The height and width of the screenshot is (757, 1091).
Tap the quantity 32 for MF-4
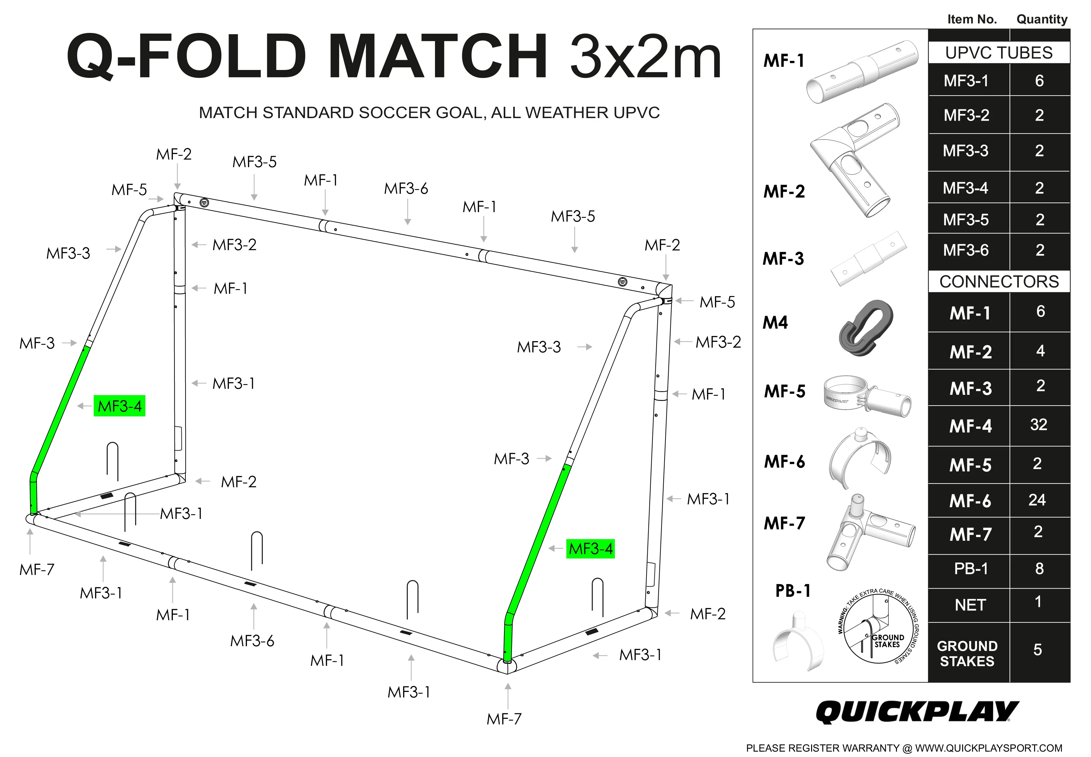[x=1038, y=425]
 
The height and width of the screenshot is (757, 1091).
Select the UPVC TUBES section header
[x=999, y=53]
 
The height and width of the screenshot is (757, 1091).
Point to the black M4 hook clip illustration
[x=865, y=328]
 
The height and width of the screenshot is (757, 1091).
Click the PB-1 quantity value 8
[x=1039, y=568]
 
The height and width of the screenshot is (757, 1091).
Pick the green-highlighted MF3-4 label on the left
[x=120, y=406]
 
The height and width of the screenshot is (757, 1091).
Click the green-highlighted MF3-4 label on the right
[x=590, y=549]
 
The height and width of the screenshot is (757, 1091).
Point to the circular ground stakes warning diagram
[x=878, y=626]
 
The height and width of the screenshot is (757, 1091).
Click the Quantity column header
[x=1042, y=19]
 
